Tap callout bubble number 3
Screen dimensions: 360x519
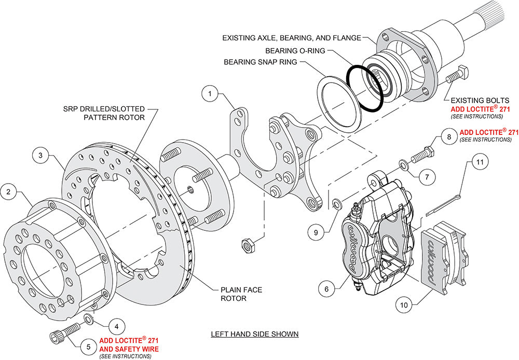[x=40, y=155]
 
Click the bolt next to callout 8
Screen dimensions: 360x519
[x=422, y=153]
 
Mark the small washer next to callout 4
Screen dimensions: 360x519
[x=89, y=317]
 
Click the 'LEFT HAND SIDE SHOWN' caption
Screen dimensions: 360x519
[x=254, y=334]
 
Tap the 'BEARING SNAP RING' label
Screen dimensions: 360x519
[x=261, y=62]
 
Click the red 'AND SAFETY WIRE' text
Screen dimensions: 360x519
[x=129, y=349]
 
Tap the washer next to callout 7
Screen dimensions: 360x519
[x=403, y=165]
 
